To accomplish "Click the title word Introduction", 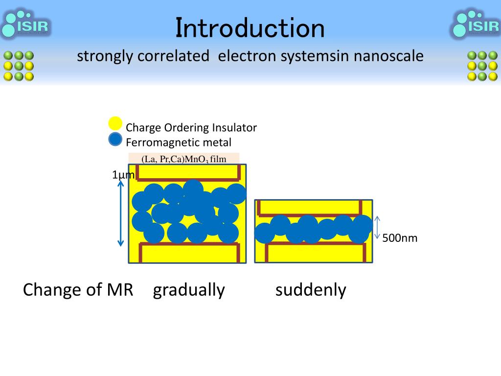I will tap(250, 28).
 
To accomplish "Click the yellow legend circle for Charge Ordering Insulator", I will tap(115, 124).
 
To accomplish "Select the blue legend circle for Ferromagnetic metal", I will tap(115, 140).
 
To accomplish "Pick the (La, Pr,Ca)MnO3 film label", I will tap(183, 159).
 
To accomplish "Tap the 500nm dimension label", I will tap(400, 238).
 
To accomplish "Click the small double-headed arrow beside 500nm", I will tap(377, 228).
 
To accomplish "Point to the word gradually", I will tap(189, 290).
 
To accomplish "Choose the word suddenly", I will tap(311, 290).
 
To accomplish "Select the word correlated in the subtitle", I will tap(173, 56).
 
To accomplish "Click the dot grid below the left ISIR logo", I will tap(19, 66).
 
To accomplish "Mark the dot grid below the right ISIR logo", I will tap(482, 66).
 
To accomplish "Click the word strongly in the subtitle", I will tap(105, 56).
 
